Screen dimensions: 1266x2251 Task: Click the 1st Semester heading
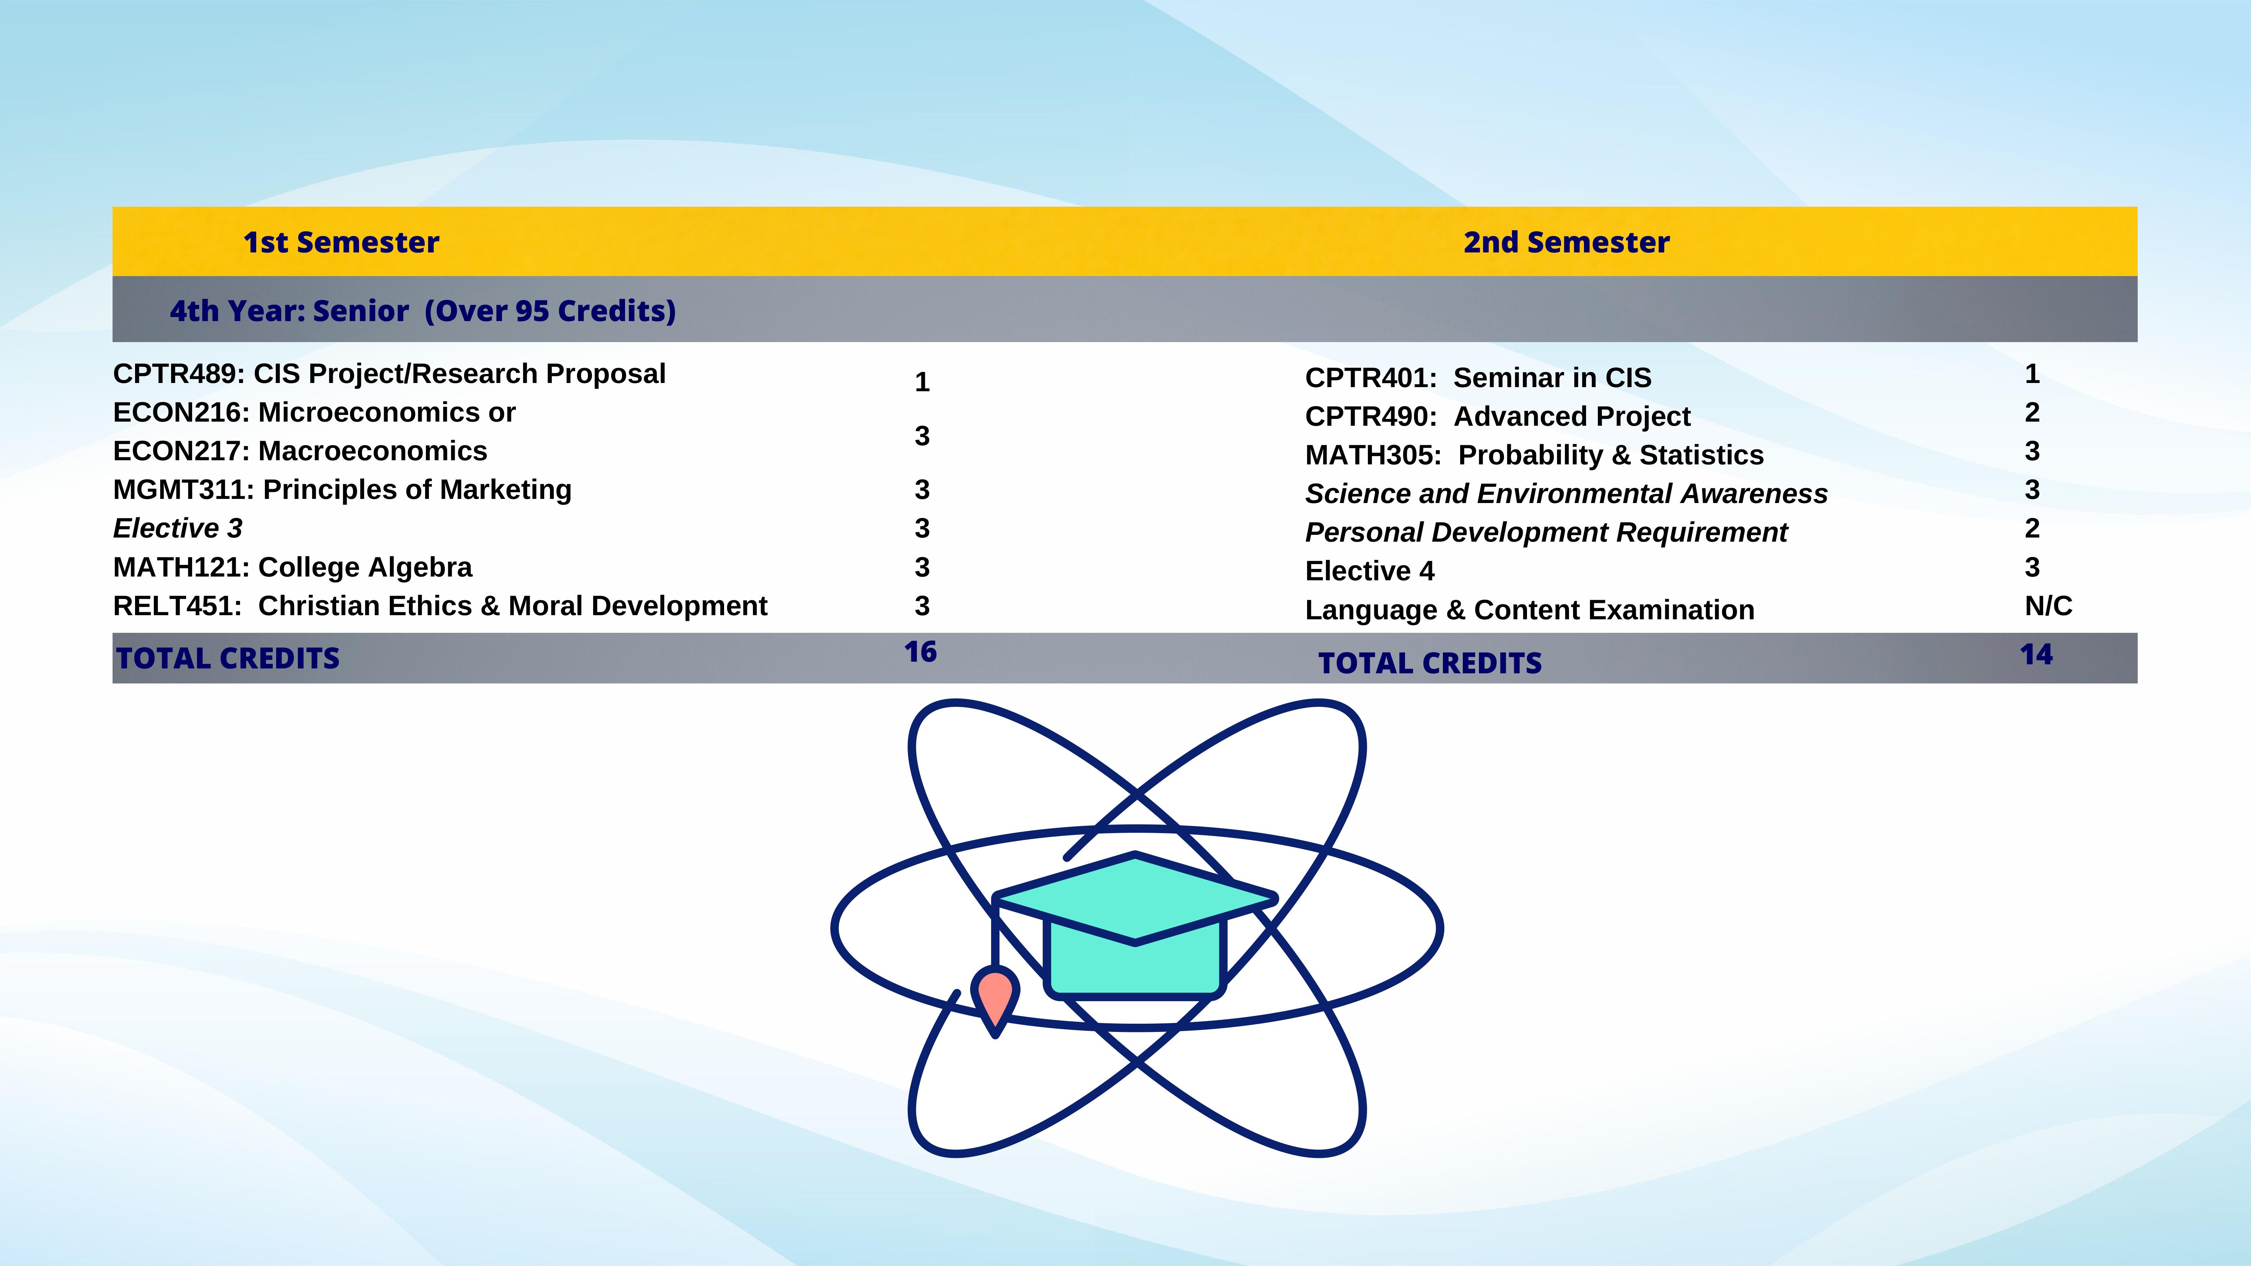click(341, 242)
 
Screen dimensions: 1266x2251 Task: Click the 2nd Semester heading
click(1566, 242)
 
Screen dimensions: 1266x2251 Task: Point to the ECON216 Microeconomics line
click(314, 412)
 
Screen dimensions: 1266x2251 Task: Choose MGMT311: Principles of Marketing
click(342, 489)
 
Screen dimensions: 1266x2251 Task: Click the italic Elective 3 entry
click(177, 529)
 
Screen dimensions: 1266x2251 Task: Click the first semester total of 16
click(920, 652)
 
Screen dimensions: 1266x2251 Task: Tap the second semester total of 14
click(2036, 655)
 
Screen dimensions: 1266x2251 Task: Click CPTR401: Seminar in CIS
click(1478, 377)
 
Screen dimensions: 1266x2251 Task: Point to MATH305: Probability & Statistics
click(1534, 455)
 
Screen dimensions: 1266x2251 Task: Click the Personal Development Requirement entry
click(1546, 532)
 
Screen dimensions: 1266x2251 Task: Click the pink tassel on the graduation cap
click(995, 998)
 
